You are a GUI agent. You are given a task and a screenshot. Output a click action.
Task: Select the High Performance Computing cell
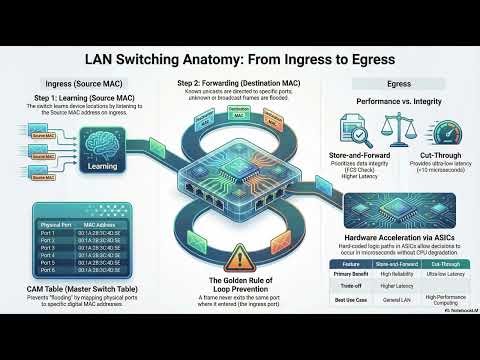click(435, 297)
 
